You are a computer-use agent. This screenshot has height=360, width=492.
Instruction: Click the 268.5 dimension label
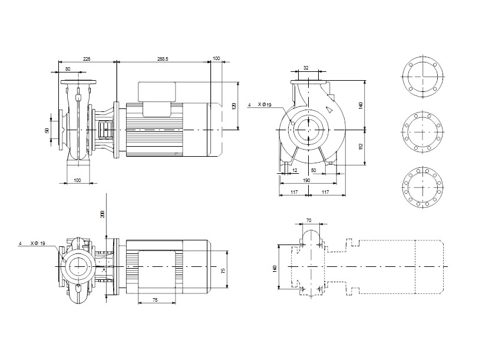[x=163, y=59]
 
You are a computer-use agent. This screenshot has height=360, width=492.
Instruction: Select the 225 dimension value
[x=87, y=59]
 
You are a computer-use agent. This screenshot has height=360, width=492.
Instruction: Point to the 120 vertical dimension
[x=234, y=105]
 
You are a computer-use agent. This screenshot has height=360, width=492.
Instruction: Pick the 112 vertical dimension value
[x=361, y=146]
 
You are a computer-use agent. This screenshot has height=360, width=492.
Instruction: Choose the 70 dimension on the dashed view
[x=309, y=220]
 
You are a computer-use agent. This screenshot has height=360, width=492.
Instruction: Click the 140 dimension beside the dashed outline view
[x=275, y=268]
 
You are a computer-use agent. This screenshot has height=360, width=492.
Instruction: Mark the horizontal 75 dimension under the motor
[x=155, y=300]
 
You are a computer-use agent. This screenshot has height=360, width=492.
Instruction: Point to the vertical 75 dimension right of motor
[x=223, y=270]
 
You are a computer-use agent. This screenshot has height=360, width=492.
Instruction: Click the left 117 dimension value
[x=294, y=193]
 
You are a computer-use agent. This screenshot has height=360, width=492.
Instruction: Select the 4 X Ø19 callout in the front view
[x=259, y=105]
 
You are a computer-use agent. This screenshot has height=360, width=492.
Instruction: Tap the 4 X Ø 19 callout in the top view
[x=32, y=243]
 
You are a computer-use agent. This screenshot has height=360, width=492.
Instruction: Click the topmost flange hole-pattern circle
[x=422, y=78]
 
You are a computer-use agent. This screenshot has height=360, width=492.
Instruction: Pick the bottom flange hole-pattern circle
[x=422, y=187]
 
